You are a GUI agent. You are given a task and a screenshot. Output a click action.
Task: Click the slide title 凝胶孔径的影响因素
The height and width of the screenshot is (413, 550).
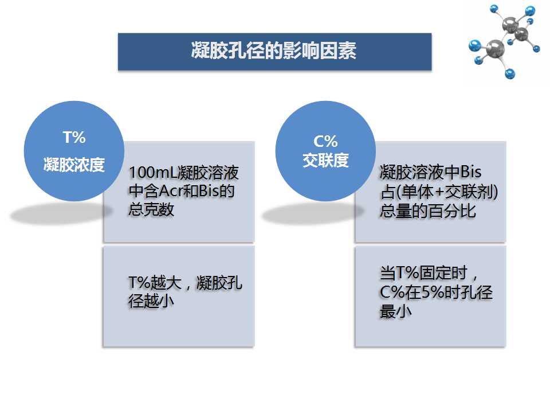click(274, 50)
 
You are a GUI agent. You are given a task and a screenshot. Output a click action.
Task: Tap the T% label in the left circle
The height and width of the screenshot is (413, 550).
click(74, 137)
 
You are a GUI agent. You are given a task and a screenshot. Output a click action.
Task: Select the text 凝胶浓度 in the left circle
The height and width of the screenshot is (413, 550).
click(74, 165)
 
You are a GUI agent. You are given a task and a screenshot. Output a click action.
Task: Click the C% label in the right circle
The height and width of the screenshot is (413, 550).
click(325, 141)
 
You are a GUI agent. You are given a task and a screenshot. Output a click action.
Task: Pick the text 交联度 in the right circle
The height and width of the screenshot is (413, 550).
click(325, 161)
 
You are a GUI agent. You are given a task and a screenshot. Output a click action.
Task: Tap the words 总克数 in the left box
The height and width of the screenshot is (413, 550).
click(151, 210)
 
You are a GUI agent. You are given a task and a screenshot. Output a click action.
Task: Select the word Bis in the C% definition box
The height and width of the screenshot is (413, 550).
click(471, 172)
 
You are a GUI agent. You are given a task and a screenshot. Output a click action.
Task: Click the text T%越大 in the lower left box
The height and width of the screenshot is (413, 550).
click(155, 283)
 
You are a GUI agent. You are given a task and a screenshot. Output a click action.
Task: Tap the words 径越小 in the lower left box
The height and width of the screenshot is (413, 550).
click(151, 301)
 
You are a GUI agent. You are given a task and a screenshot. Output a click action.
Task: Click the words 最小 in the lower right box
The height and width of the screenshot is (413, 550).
click(396, 311)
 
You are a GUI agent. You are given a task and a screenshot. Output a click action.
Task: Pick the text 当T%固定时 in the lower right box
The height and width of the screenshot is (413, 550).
click(424, 273)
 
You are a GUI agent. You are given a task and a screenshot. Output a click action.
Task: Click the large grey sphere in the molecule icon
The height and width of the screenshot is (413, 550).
click(495, 48)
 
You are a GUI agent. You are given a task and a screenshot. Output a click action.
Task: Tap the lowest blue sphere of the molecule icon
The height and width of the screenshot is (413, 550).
click(510, 74)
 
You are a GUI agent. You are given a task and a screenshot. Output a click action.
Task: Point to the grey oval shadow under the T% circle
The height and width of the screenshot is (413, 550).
click(61, 213)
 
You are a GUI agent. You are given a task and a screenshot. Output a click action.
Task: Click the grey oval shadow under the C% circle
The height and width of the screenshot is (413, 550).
click(313, 213)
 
